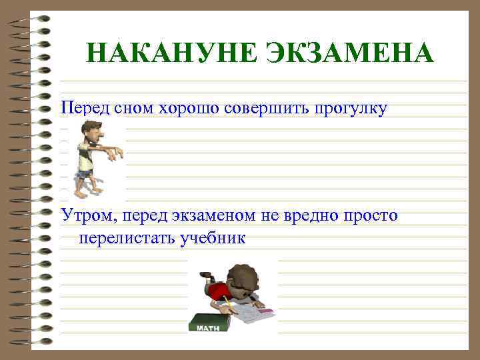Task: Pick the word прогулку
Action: point(347,109)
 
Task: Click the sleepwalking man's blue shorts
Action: point(85,174)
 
